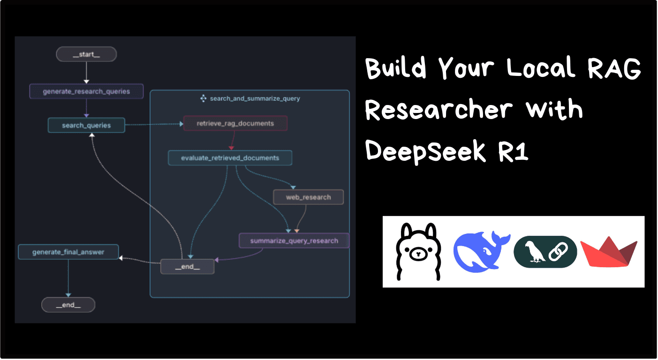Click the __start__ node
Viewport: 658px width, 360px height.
point(86,54)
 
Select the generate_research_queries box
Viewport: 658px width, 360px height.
point(86,91)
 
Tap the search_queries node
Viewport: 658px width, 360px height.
point(86,125)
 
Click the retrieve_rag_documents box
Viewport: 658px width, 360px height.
point(235,123)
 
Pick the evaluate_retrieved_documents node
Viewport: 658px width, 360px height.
point(230,158)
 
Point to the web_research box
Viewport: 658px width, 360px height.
point(308,197)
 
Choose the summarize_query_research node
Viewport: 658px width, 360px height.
point(294,240)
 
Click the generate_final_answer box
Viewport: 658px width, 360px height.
point(68,252)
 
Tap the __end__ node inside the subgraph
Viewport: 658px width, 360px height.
point(187,266)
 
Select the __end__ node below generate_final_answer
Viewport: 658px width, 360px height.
point(68,305)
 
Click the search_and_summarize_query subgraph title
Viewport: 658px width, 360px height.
point(255,98)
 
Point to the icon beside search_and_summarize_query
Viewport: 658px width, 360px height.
point(203,98)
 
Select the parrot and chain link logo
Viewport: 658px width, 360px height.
point(545,252)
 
